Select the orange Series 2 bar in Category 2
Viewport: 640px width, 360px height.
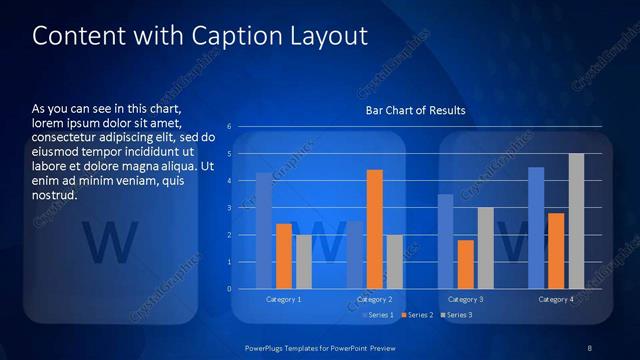tap(375, 229)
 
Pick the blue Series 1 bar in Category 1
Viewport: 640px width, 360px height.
tap(264, 230)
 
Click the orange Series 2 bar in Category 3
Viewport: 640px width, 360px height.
tap(465, 264)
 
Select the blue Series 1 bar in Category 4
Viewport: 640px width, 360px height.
tap(536, 227)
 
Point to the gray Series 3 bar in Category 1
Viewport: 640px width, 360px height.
tap(304, 261)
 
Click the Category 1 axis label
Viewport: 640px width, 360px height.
tap(284, 299)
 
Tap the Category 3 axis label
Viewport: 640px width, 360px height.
tap(465, 299)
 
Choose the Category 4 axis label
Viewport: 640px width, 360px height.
tap(556, 299)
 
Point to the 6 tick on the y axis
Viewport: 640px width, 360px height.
tap(229, 127)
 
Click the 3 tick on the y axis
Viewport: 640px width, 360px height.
tap(229, 208)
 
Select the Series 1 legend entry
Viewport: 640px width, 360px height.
tap(378, 315)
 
